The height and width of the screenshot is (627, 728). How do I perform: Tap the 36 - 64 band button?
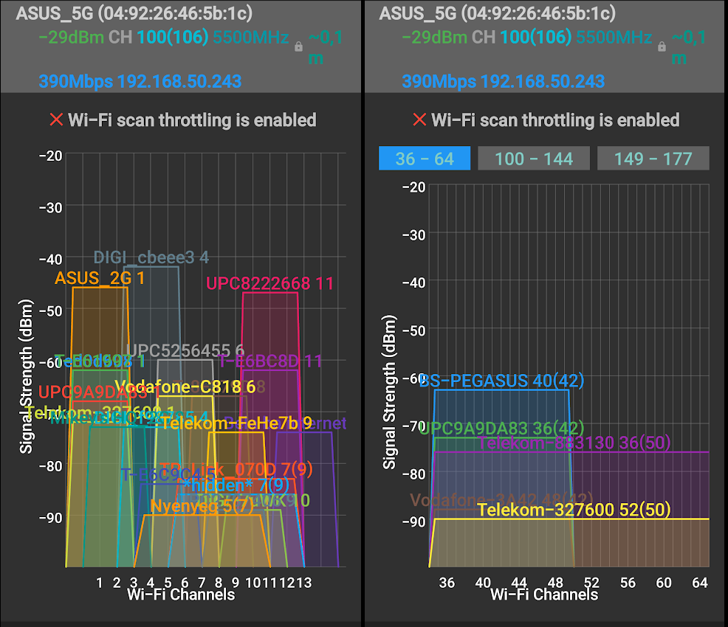424,159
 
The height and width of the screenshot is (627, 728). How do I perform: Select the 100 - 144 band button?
534,159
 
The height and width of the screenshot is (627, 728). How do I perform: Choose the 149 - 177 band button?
653,159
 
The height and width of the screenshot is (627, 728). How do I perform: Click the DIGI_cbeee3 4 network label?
151,257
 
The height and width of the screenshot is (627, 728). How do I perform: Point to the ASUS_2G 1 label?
100,278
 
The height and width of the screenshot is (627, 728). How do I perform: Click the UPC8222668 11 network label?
269,283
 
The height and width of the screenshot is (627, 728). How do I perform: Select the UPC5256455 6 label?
185,350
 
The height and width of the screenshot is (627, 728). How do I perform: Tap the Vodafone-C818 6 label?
185,387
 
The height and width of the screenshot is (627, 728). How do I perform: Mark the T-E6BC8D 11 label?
270,361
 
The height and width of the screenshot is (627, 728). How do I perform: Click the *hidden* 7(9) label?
236,485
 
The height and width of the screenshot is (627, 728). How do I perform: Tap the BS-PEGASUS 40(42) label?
501,381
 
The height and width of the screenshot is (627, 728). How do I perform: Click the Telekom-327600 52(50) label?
573,510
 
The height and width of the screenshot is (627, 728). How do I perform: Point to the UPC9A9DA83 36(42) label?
501,428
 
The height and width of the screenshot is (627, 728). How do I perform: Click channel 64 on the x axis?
700,583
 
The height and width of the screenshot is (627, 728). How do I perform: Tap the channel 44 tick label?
519,583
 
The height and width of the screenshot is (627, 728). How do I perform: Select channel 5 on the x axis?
168,583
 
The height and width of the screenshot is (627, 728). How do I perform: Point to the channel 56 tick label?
628,583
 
